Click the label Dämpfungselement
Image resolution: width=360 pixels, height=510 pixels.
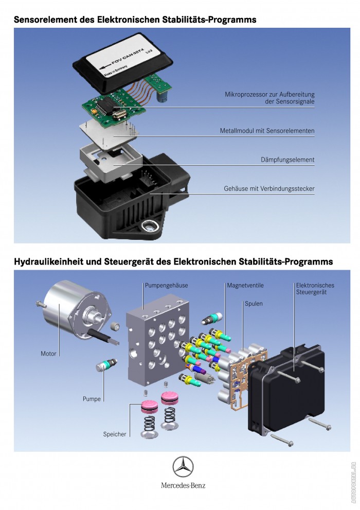click(x=287, y=160)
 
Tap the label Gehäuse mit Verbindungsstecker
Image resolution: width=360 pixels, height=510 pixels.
click(x=269, y=189)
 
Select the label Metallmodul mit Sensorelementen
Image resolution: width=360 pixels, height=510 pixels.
click(x=267, y=131)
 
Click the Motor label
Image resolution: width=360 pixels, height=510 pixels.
click(x=48, y=354)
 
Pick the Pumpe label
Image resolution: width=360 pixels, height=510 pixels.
click(x=92, y=399)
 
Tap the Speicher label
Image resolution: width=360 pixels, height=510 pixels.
click(x=115, y=434)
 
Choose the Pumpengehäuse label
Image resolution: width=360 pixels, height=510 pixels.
click(x=166, y=285)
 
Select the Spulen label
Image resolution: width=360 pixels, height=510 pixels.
click(x=254, y=304)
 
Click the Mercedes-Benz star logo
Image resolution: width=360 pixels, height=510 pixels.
click(x=183, y=468)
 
